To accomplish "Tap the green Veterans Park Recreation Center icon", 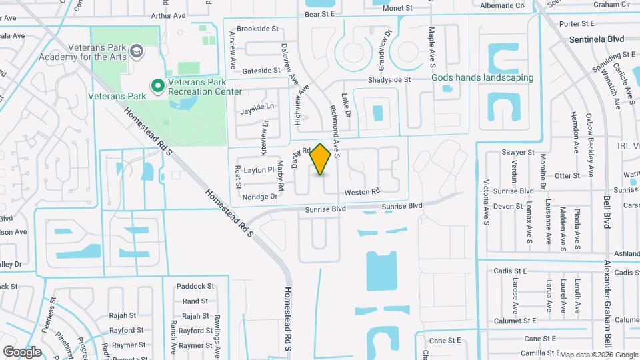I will [x=158, y=85].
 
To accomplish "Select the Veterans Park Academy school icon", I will [x=136, y=51].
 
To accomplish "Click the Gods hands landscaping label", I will [x=483, y=77].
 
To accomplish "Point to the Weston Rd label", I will [x=362, y=192].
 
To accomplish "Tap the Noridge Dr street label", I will [x=259, y=197].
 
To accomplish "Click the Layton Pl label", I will [x=259, y=170].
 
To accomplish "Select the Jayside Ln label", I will [x=257, y=107].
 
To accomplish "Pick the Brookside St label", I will [x=257, y=29].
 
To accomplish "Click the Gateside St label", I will [x=262, y=70].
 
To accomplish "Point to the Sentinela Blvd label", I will [x=595, y=39].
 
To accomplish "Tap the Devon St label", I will [x=509, y=206].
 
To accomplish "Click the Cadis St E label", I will [x=511, y=271].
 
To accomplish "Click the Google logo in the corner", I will [x=22, y=351].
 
